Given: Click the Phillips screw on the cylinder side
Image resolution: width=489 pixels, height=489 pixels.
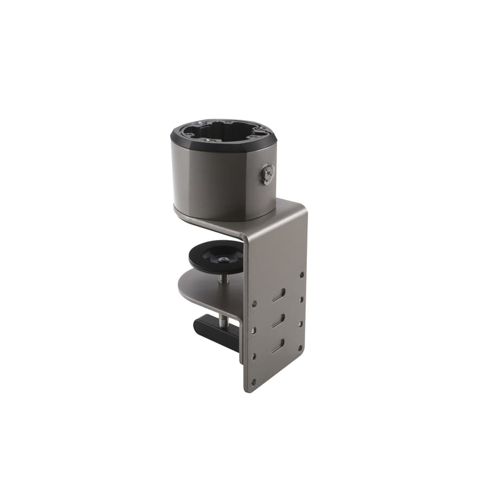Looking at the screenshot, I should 268,174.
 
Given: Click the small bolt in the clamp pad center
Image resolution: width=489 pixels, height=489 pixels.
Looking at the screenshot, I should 222,260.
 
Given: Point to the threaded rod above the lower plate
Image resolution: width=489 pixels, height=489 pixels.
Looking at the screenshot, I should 223,279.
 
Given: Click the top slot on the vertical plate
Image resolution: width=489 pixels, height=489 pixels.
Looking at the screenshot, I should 279,294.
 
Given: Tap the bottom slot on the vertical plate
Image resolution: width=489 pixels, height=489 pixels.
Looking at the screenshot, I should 279,345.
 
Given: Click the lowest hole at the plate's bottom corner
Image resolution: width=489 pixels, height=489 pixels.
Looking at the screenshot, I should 253,383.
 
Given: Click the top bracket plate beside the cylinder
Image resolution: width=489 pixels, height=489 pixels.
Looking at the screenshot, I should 288,209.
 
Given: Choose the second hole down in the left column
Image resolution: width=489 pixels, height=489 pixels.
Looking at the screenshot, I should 253,329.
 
